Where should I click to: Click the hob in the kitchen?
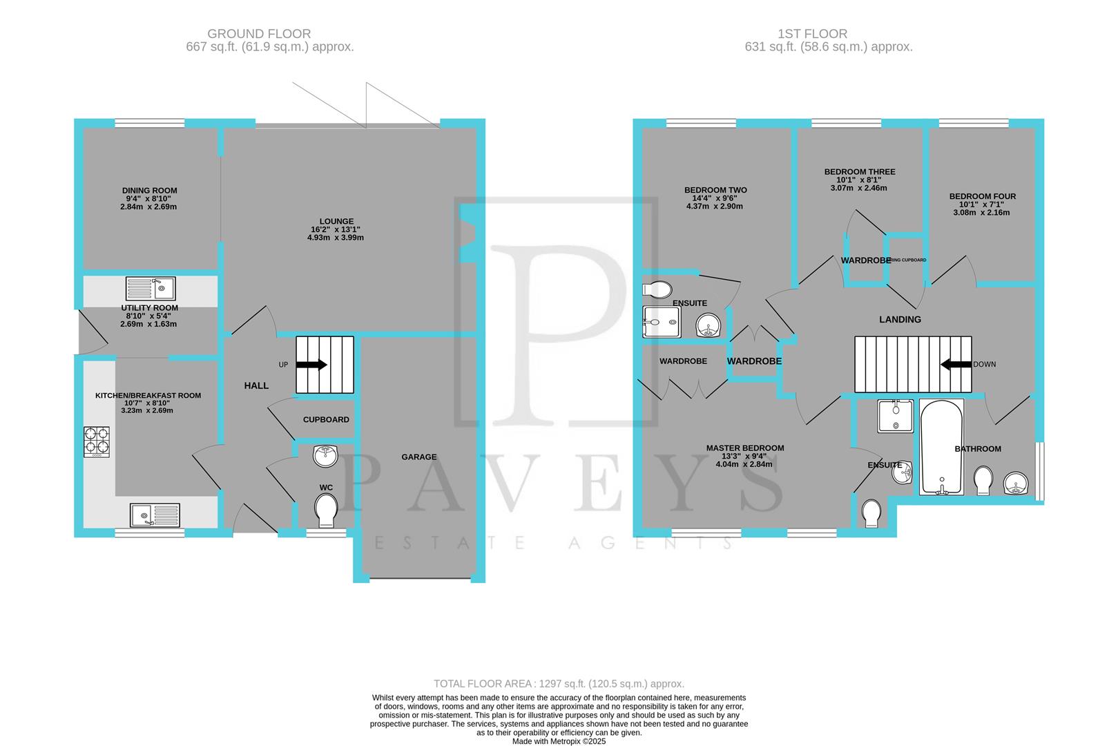point(96,441)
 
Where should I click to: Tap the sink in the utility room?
point(151,288)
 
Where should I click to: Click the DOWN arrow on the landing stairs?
point(956,364)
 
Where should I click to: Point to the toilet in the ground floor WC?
point(325,512)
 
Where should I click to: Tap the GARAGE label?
point(419,457)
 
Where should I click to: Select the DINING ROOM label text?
point(149,191)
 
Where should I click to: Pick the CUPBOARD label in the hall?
point(326,419)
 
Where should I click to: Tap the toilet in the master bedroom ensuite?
point(872,513)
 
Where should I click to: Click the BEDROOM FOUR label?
point(982,196)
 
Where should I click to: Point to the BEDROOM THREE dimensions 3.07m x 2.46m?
point(859,188)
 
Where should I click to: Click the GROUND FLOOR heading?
point(259,33)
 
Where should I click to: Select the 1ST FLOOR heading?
point(812,33)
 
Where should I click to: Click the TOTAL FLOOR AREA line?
point(559,684)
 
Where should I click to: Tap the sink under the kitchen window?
point(155,515)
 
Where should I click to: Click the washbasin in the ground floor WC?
point(325,456)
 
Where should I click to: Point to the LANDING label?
point(900,319)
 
